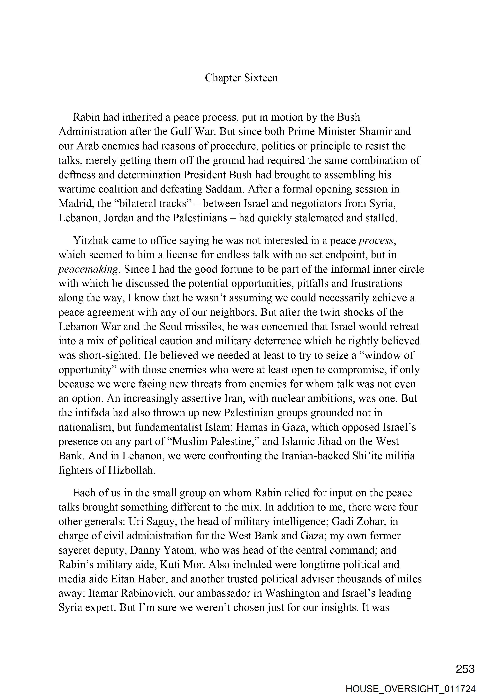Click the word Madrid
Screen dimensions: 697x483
[76, 203]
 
